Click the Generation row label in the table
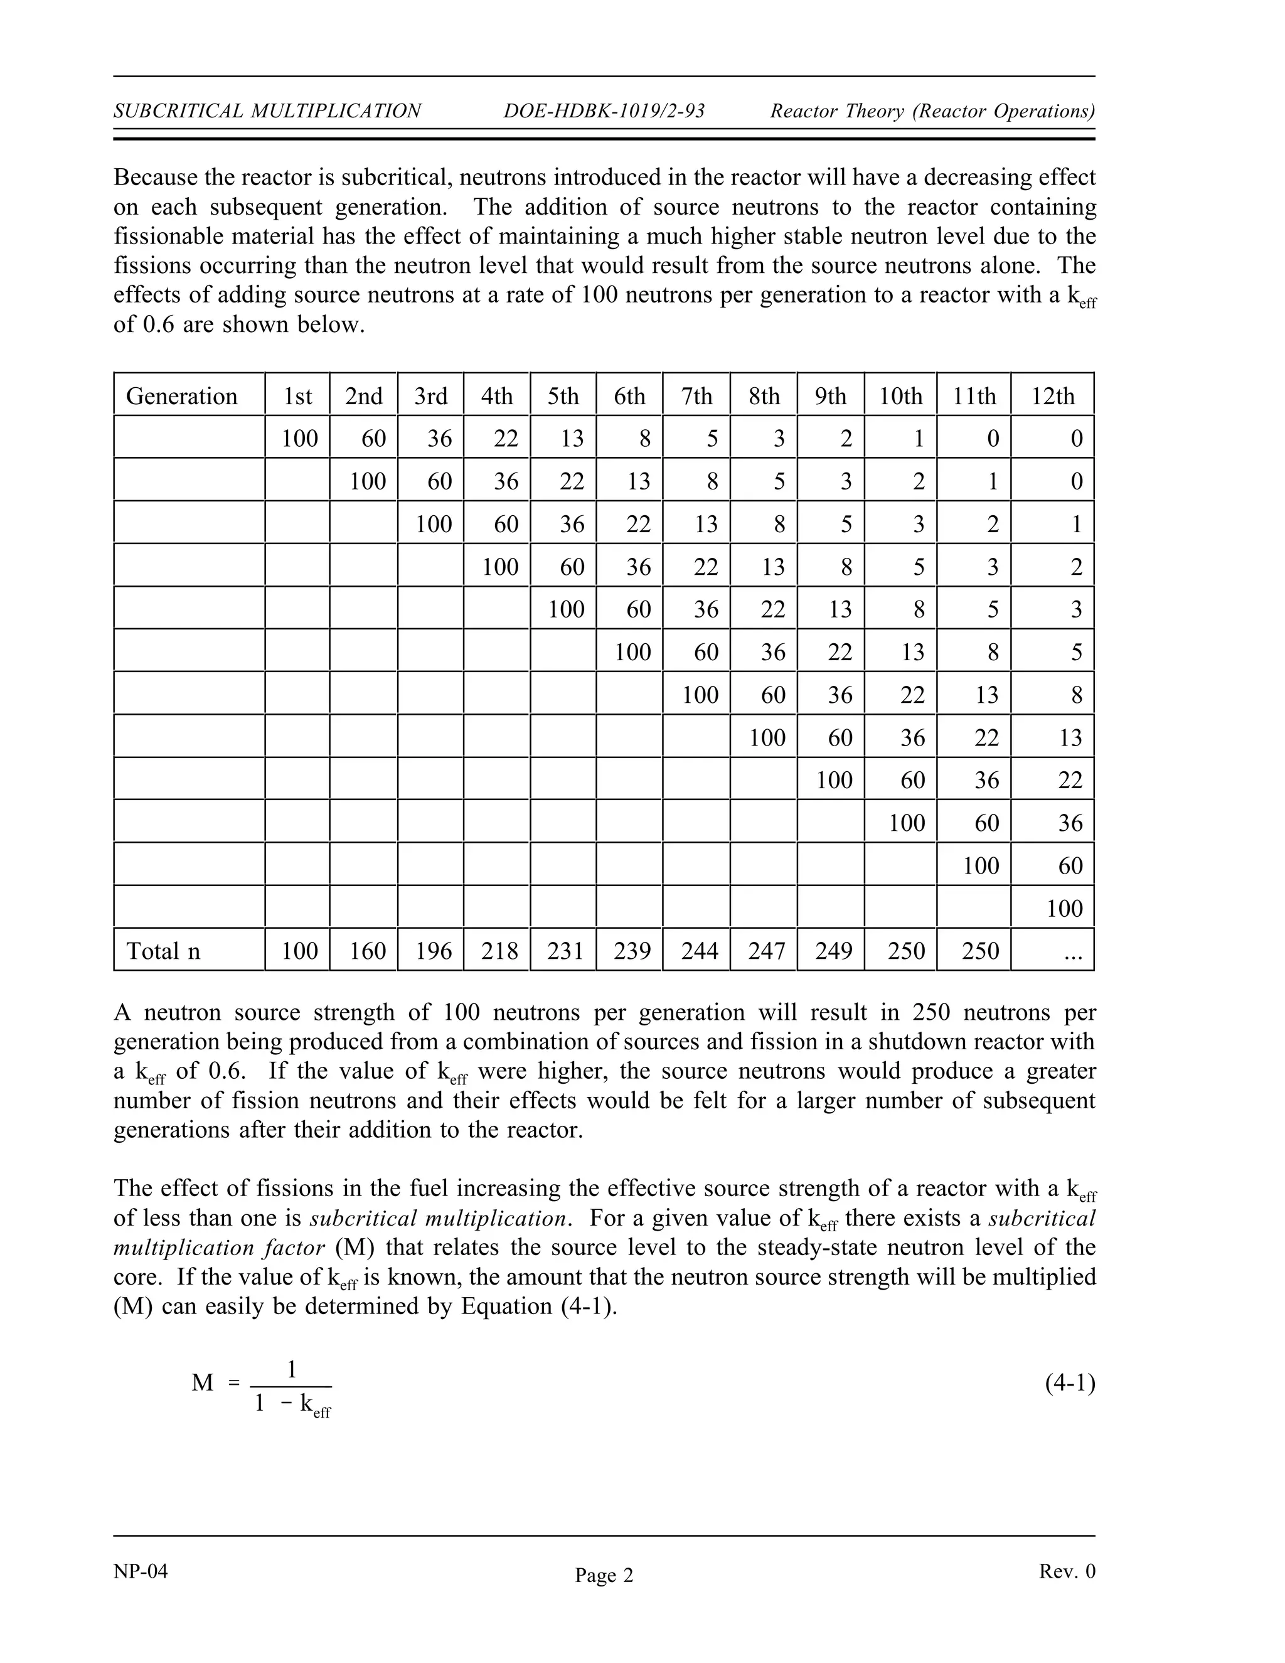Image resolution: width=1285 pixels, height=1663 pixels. coord(181,396)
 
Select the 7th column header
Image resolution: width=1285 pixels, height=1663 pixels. coord(696,396)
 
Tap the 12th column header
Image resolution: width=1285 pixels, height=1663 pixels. coord(1053,396)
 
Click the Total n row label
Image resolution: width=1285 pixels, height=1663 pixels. coord(163,950)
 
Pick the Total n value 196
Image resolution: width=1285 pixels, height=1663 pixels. coord(434,950)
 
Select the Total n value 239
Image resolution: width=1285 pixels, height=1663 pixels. coord(632,950)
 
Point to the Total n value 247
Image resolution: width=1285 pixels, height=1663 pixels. coord(767,950)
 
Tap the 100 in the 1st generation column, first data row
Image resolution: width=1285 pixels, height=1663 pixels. coord(300,439)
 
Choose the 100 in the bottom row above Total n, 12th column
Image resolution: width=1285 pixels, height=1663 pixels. coord(1064,907)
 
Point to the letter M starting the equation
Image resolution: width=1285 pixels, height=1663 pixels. coord(203,1382)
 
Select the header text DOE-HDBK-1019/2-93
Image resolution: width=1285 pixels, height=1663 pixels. coord(604,111)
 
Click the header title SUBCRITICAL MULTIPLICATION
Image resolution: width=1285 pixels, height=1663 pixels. coord(267,111)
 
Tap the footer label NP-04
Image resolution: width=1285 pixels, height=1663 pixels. coord(140,1571)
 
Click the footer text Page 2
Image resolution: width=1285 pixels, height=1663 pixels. coord(604,1575)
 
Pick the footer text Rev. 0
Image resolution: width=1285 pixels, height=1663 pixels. coord(1067,1571)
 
